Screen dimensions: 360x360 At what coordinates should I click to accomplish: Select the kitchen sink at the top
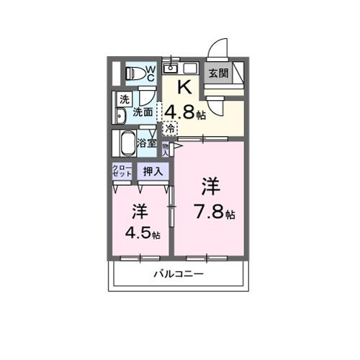(x=171, y=68)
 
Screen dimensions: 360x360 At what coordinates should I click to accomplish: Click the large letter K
(x=184, y=89)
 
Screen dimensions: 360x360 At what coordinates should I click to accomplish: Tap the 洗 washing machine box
(x=125, y=99)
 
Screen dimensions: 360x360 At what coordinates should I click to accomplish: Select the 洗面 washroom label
(x=143, y=112)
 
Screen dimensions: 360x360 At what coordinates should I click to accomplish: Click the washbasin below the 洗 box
(x=121, y=116)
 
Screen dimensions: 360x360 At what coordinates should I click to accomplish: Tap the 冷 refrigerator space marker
(x=169, y=128)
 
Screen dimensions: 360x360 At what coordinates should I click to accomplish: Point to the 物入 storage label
(x=165, y=149)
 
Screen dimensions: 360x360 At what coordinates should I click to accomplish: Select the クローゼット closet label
(x=121, y=171)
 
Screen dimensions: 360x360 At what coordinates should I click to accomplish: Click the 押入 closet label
(x=152, y=171)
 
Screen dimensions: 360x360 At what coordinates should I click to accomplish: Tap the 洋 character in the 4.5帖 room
(x=140, y=212)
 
